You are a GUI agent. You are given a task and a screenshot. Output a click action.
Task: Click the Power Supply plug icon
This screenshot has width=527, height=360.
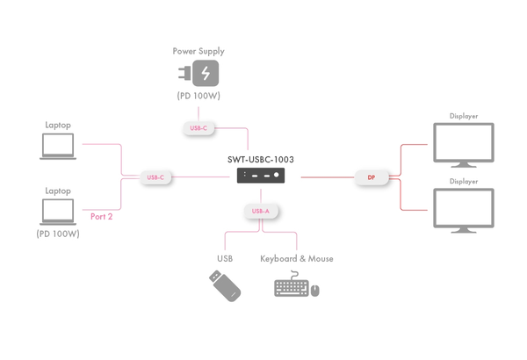point(199,73)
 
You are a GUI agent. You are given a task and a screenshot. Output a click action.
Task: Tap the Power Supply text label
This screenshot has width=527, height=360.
point(199,51)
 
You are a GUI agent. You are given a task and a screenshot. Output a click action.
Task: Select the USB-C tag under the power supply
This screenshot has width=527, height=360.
point(199,128)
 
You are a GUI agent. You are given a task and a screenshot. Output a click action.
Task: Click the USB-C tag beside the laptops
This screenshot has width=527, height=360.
point(155,177)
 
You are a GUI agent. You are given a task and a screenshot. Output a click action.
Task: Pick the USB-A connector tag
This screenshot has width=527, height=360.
point(261,212)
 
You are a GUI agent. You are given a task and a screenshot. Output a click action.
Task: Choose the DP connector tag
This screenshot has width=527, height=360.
point(372,177)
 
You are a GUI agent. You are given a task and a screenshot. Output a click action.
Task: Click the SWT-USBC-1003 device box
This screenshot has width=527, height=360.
point(261,176)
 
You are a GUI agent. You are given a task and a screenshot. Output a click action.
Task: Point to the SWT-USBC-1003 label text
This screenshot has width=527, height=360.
point(261,160)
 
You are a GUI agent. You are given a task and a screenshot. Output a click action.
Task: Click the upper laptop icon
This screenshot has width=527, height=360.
point(58,147)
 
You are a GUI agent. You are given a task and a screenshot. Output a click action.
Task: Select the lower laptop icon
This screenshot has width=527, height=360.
point(58,212)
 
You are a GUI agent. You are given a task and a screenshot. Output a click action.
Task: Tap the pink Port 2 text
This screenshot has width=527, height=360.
point(102,216)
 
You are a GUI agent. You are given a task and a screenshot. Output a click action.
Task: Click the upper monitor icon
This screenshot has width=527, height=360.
point(464,144)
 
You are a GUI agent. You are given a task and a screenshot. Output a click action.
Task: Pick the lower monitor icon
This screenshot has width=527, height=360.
point(464,211)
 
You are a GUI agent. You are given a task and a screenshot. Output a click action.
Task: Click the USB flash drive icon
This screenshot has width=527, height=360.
point(225,285)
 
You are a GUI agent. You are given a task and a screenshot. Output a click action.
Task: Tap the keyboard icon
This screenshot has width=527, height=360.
point(291,286)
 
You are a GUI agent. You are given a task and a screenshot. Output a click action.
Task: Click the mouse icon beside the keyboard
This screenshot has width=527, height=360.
point(315,291)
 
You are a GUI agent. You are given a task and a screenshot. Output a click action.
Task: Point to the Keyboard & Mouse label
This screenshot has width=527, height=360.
point(296,259)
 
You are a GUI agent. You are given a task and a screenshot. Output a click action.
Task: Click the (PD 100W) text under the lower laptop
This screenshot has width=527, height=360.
point(58,234)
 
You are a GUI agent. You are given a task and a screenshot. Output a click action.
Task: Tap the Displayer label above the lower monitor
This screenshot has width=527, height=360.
point(464,182)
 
